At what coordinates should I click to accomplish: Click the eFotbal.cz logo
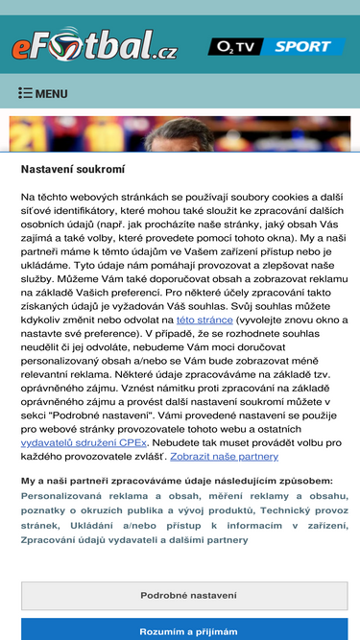[x=95, y=44]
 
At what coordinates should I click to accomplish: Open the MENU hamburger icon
[x=25, y=94]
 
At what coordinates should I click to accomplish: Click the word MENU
[x=51, y=94]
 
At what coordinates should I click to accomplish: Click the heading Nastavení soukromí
[x=74, y=168]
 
